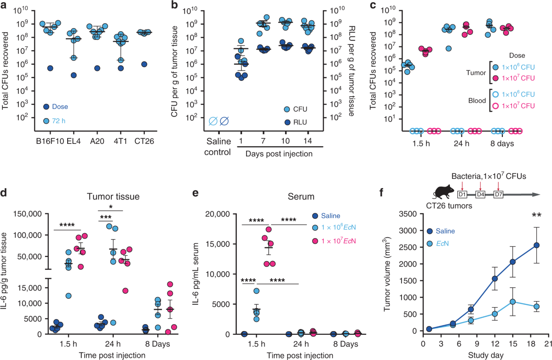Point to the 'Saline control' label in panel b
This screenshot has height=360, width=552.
coord(219,157)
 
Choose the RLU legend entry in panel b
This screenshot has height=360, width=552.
coord(299,122)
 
